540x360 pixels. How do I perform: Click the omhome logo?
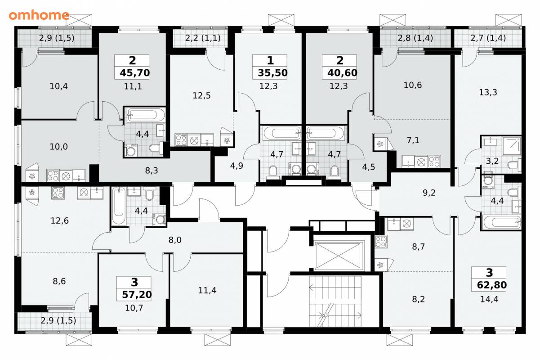(39, 15)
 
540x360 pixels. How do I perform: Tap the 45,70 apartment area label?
(135, 72)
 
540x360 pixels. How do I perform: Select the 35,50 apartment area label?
(272, 72)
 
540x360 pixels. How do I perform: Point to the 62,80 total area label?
(492, 285)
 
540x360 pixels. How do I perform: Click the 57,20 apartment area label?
(137, 295)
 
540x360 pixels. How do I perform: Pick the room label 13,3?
(488, 92)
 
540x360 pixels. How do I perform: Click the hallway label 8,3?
(152, 171)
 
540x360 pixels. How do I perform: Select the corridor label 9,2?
(429, 193)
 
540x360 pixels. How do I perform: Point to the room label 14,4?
(489, 299)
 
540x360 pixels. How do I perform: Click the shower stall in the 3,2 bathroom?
(511, 146)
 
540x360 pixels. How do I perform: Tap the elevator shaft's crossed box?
(339, 256)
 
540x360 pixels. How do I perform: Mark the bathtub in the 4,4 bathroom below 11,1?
(145, 115)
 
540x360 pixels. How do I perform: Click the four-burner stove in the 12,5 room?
(181, 139)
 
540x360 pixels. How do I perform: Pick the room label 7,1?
(413, 140)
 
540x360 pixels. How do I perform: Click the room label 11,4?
(207, 290)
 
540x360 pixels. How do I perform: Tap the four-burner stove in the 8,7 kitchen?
(381, 242)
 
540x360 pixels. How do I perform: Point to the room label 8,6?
(59, 281)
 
